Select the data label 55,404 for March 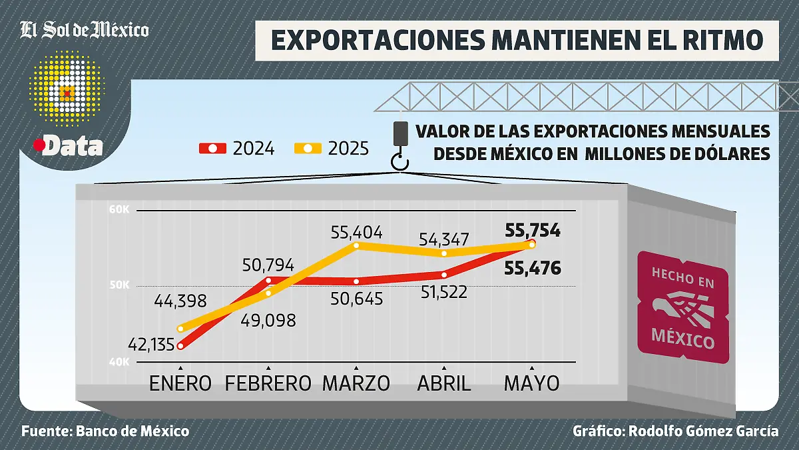pos(358,233)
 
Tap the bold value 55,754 pos(533,231)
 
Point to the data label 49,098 pos(268,319)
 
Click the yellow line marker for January pos(180,328)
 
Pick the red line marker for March pos(356,281)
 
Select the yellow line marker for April pos(443,253)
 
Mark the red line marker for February pos(268,280)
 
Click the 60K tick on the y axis pos(119,209)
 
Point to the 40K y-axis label pos(119,362)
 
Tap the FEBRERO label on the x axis pos(268,383)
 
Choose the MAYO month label pos(531,383)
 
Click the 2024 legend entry pos(238,148)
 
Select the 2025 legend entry pos(332,148)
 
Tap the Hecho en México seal pos(682,307)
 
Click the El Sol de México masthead pos(85,29)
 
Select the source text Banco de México pos(133,431)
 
